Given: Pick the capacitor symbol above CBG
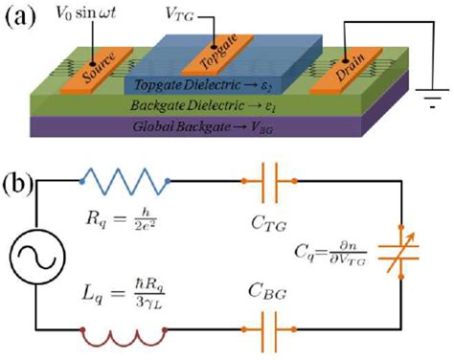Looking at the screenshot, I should [279, 336].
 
